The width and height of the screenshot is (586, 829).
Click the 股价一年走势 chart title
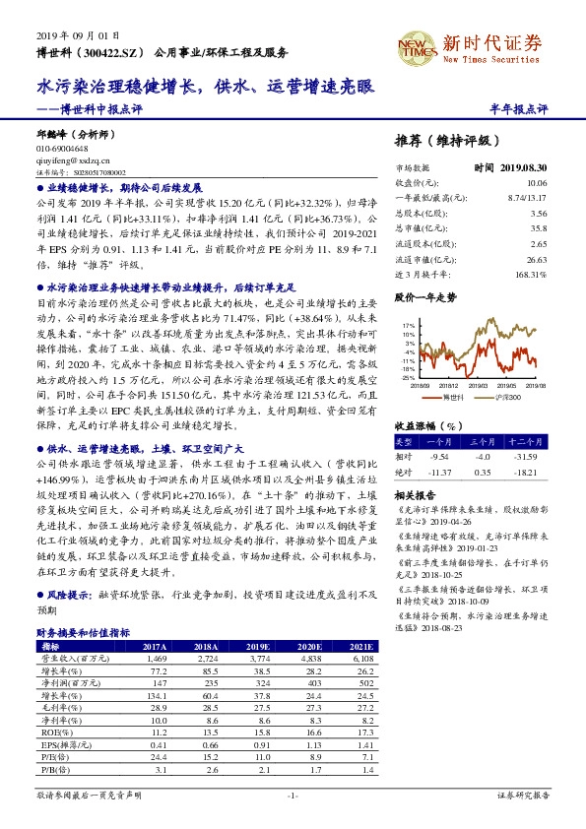tap(425, 295)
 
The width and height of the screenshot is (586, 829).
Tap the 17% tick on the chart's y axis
tap(409, 324)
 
